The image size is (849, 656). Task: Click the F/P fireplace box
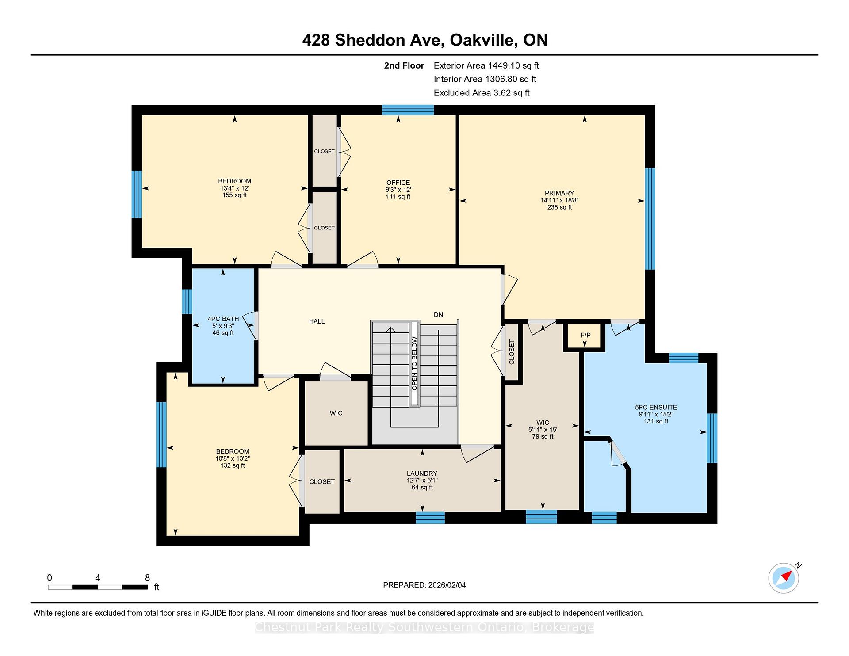585,336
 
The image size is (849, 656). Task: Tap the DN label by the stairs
438,315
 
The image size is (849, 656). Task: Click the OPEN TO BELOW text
414,363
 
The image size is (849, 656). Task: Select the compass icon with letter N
784,578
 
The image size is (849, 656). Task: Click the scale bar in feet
98,587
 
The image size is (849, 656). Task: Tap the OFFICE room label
398,189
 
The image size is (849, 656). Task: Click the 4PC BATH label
223,325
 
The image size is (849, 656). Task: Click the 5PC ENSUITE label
656,414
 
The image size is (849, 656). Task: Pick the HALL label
317,321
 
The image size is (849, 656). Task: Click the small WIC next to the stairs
336,413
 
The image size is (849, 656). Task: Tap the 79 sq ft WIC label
543,429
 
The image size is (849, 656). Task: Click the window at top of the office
408,110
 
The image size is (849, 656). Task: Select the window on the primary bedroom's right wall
650,219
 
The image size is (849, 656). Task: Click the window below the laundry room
430,518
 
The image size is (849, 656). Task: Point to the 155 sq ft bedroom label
234,188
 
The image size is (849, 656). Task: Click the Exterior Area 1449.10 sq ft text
486,66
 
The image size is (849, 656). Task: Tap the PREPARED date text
424,585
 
